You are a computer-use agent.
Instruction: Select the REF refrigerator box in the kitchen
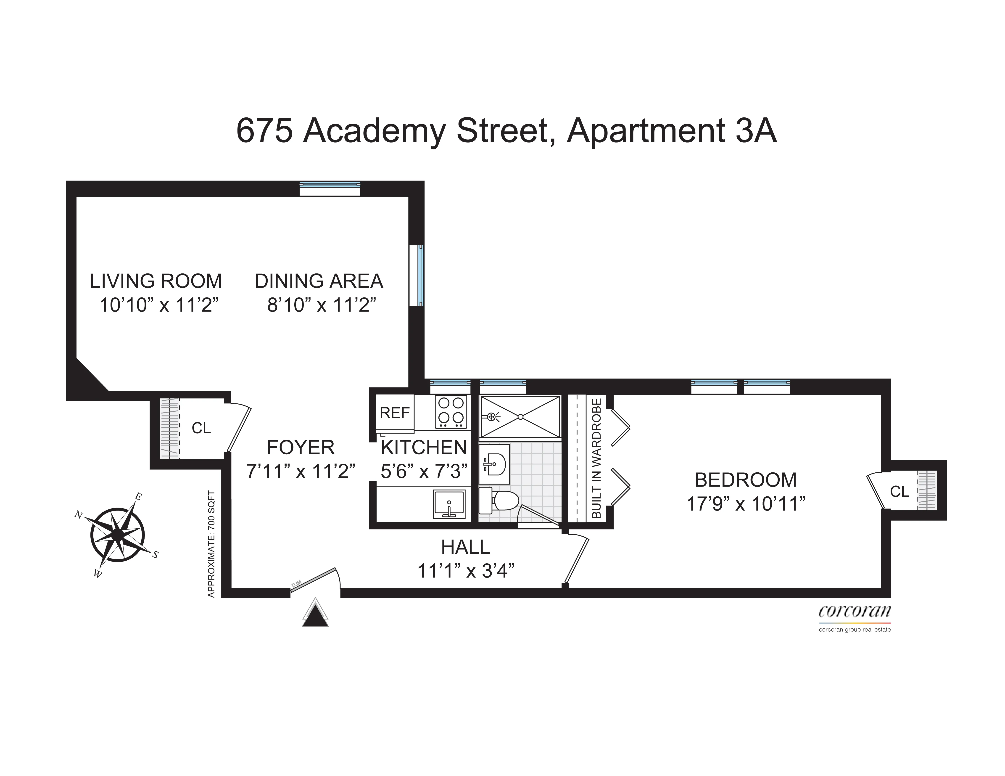(394, 413)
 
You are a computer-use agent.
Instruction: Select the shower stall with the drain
(520, 416)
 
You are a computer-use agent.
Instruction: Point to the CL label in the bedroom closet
(899, 492)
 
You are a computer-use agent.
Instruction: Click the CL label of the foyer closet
(201, 428)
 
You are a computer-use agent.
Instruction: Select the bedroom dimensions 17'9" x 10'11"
(745, 504)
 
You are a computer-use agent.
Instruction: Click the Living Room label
(156, 281)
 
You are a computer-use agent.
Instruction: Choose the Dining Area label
(319, 281)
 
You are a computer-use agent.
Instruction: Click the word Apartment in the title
(646, 131)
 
